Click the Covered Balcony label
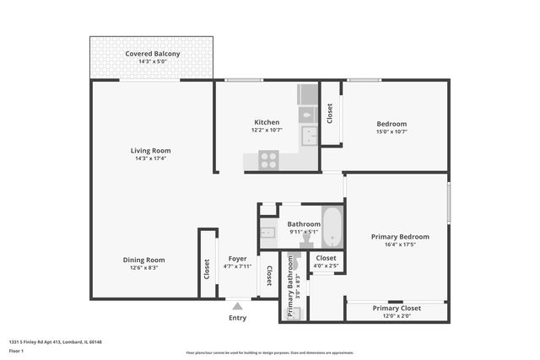point(153,54)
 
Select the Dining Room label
point(143,260)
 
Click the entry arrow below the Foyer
point(238,307)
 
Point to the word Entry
point(238,319)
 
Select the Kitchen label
point(267,122)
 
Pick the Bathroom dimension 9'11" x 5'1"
point(303,232)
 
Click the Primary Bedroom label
point(400,237)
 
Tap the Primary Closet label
point(397,308)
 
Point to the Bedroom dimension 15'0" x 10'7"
point(391,132)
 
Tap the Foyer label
point(238,259)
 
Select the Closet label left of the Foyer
point(207,269)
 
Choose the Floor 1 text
point(18,350)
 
